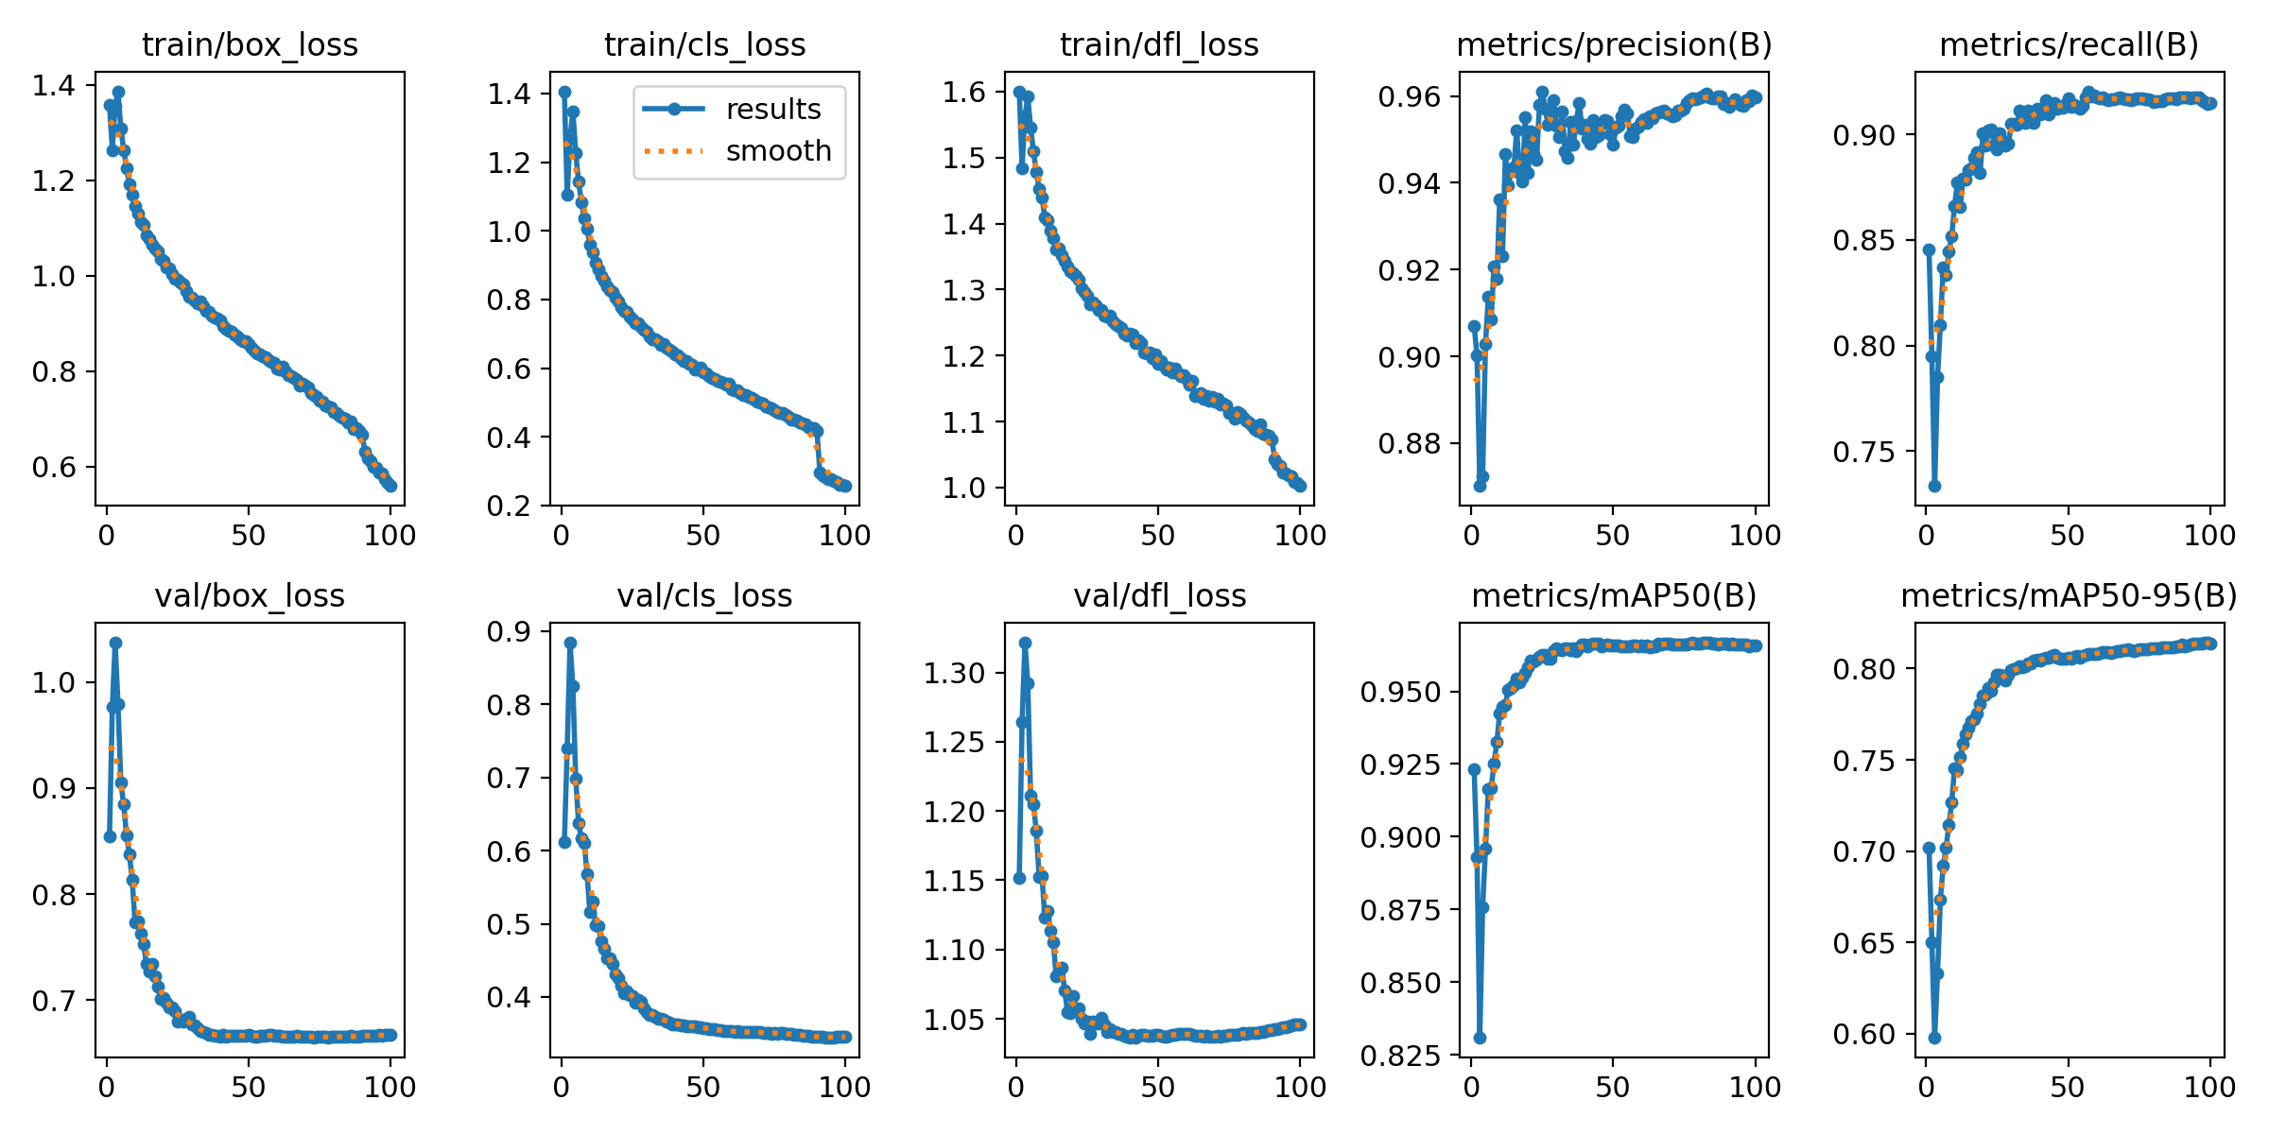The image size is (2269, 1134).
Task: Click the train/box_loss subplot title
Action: [250, 45]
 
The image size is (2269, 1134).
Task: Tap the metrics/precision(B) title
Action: [1614, 45]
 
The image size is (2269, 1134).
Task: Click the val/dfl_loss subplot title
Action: [1159, 596]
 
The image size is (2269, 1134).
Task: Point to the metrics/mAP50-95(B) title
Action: [2069, 596]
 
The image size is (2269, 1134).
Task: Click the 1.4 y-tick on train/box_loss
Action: [53, 86]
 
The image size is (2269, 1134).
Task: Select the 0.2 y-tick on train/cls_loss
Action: [509, 507]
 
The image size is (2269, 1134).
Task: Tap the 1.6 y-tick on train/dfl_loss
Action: [963, 93]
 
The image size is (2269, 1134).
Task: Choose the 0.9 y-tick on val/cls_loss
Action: [509, 632]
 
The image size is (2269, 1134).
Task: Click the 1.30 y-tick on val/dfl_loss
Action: [956, 674]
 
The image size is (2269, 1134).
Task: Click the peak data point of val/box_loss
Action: [115, 643]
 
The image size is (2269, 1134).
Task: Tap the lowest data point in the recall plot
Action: [1934, 486]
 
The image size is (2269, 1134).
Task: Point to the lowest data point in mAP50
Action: [1480, 1038]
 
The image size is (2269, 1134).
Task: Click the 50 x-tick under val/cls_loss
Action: [703, 1088]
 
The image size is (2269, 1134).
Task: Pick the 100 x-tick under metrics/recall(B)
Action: [2209, 536]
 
